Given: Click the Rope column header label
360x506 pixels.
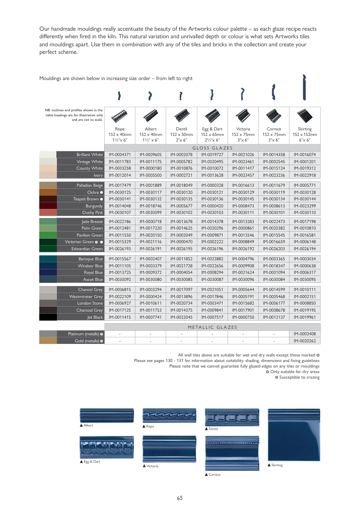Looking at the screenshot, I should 120,129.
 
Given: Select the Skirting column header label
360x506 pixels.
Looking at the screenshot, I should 305,129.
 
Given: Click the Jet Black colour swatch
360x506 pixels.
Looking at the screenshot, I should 48,317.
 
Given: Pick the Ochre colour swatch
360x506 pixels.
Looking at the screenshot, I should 48,192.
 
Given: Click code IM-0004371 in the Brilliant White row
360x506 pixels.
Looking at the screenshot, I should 120,155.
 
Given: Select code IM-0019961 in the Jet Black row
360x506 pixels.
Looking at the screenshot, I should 305,317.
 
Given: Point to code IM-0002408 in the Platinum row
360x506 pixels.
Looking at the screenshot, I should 305,334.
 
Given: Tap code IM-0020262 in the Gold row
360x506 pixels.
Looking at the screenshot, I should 305,341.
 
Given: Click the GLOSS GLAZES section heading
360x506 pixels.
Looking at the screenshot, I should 212,148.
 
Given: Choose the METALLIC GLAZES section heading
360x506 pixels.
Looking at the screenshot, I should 212,327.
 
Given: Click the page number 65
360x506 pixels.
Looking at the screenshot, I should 180,498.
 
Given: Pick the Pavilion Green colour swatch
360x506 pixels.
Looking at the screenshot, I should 48,235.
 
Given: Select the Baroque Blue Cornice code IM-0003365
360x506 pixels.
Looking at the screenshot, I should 274,259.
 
